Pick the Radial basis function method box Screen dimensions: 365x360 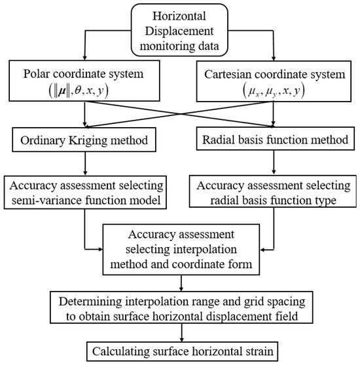(x=274, y=140)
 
